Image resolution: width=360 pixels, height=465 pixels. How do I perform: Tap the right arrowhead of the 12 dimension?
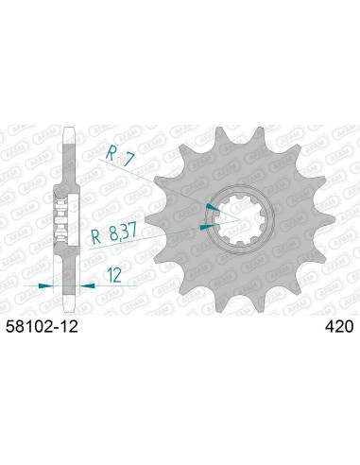pyautogui.click(x=86, y=283)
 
